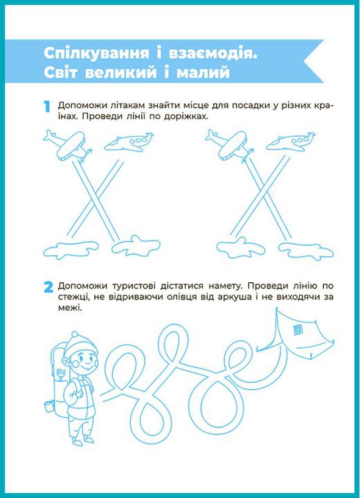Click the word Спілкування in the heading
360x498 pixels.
tap(96, 53)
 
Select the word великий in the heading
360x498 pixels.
tap(121, 73)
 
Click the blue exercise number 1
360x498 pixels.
tap(47, 107)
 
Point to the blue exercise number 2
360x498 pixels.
tap(48, 288)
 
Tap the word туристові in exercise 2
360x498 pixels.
tap(134, 286)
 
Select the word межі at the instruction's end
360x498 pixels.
tap(69, 307)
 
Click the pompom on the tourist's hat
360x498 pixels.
tap(75, 334)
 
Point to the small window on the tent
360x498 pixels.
tap(298, 329)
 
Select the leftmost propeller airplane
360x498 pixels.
tap(67, 145)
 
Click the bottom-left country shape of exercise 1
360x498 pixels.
tap(71, 249)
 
